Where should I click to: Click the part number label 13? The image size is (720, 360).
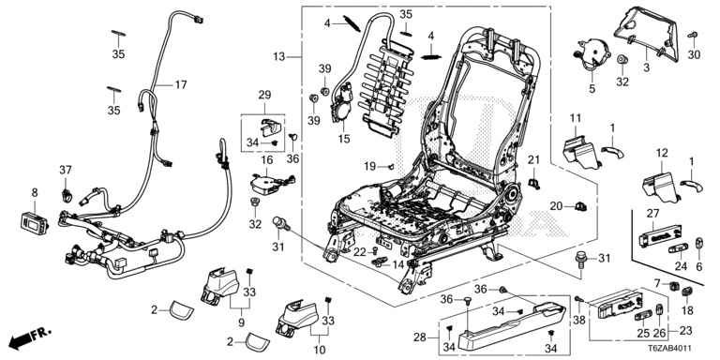pyautogui.click(x=278, y=57)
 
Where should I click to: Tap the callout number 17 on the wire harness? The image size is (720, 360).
pyautogui.click(x=180, y=85)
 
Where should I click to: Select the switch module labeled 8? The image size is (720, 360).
pyautogui.click(x=35, y=223)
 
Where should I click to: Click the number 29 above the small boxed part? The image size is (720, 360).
pyautogui.click(x=265, y=95)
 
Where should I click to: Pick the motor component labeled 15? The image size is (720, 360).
pyautogui.click(x=342, y=106)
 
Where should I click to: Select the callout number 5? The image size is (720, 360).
pyautogui.click(x=592, y=89)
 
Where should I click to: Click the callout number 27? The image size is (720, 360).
pyautogui.click(x=652, y=214)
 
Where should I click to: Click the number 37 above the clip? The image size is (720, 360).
pyautogui.click(x=66, y=170)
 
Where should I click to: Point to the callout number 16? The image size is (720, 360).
pyautogui.click(x=267, y=159)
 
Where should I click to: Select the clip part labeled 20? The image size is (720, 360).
pyautogui.click(x=581, y=207)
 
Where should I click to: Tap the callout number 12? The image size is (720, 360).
pyautogui.click(x=662, y=154)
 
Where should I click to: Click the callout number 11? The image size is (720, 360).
pyautogui.click(x=576, y=119)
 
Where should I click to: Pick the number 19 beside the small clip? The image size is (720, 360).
pyautogui.click(x=370, y=166)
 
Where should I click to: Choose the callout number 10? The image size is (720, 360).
pyautogui.click(x=319, y=350)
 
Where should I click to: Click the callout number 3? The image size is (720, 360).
pyautogui.click(x=647, y=68)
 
